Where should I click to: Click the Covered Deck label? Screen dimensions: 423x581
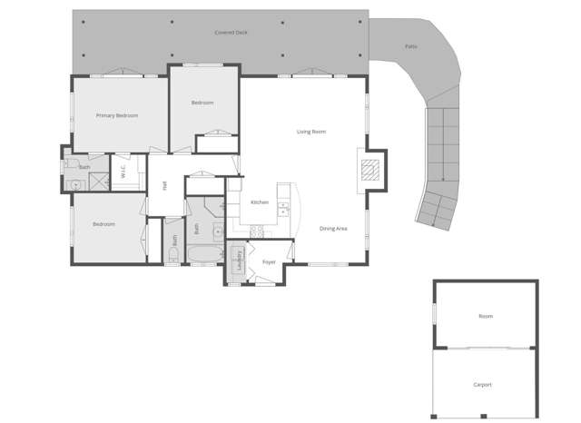231,33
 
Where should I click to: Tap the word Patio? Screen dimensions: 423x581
411,46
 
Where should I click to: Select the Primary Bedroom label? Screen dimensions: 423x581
117,115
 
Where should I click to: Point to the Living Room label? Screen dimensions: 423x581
311,132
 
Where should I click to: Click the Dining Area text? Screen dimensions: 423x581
333,229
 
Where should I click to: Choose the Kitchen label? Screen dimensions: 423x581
260,202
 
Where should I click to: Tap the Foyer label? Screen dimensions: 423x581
269,261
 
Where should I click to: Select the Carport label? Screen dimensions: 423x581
482,385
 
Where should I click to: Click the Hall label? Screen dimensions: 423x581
164,185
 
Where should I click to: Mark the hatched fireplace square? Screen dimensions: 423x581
369,168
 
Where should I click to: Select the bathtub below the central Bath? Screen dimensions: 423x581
203,253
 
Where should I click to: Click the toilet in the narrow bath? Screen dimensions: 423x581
172,258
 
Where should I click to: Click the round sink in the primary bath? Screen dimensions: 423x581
76,184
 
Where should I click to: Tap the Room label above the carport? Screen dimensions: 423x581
486,316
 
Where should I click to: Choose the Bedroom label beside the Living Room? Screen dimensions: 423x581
202,103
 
